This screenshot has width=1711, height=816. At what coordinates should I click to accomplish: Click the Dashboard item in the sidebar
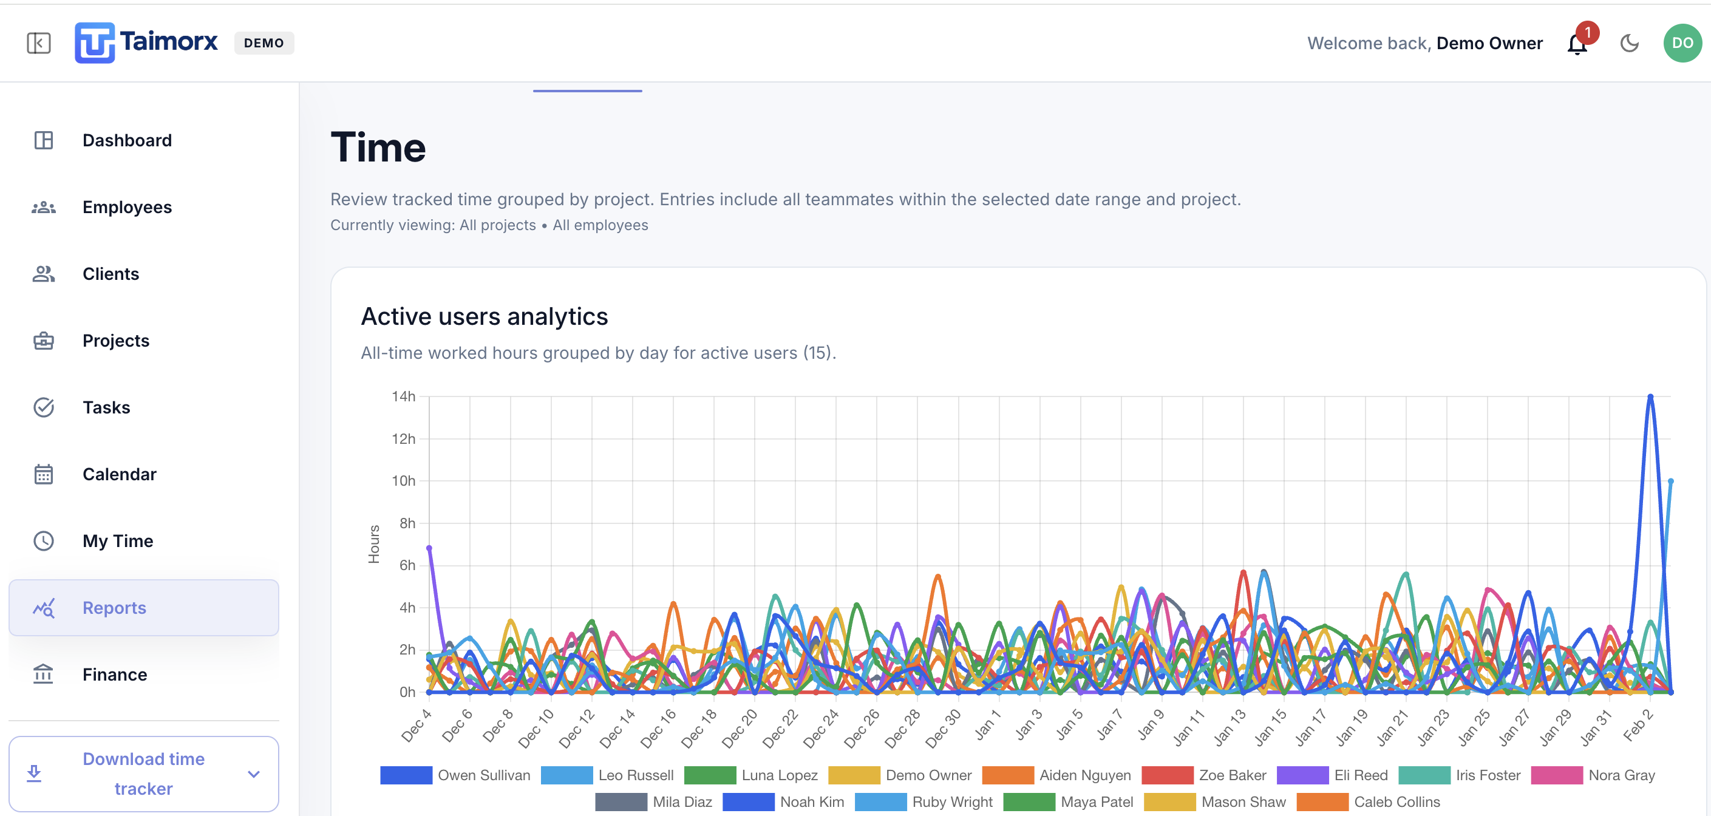(x=126, y=140)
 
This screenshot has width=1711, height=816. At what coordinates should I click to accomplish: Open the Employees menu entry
(x=126, y=207)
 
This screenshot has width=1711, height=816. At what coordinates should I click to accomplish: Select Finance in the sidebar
(x=114, y=675)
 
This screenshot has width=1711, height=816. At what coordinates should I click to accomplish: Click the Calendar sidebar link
(x=119, y=474)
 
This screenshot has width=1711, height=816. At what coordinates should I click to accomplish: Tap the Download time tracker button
(x=143, y=773)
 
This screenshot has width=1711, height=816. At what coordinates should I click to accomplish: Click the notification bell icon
(x=1577, y=44)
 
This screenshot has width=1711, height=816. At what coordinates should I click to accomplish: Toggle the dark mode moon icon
(x=1629, y=43)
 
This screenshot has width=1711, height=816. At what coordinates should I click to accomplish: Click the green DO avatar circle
(x=1682, y=43)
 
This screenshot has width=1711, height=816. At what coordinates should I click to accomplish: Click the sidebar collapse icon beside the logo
(x=38, y=43)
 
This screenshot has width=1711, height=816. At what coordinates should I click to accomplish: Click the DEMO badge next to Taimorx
(x=264, y=43)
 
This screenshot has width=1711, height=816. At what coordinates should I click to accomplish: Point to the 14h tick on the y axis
(x=403, y=396)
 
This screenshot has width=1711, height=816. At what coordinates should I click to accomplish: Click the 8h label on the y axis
(x=406, y=523)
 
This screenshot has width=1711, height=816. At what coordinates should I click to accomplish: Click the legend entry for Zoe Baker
(x=1232, y=775)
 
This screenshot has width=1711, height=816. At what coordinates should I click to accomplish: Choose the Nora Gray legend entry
(x=1621, y=775)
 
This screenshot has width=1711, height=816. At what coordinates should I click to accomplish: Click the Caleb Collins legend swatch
(x=1322, y=801)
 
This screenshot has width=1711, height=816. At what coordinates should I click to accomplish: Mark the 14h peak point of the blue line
(x=1650, y=397)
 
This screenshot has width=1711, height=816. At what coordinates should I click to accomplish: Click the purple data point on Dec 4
(x=429, y=548)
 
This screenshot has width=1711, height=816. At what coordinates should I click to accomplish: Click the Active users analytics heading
(x=484, y=317)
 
